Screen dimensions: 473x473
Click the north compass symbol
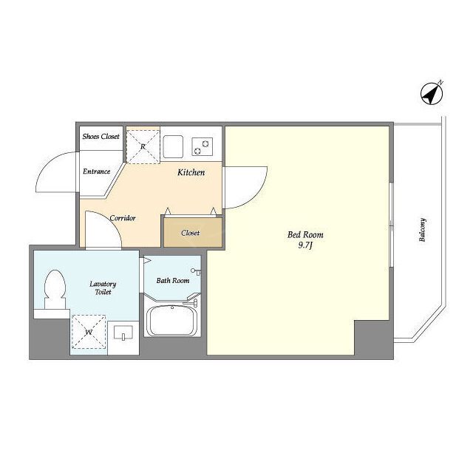pyautogui.click(x=432, y=94)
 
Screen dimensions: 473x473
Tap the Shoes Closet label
pyautogui.click(x=101, y=137)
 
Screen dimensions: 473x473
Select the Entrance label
pyautogui.click(x=97, y=171)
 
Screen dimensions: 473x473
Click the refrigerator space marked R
pyautogui.click(x=143, y=146)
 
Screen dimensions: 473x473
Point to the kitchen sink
pyautogui.click(x=173, y=146)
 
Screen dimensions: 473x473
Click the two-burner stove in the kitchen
pyautogui.click(x=202, y=146)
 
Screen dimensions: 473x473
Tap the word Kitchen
pyautogui.click(x=191, y=172)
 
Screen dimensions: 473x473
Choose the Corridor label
pyautogui.click(x=123, y=218)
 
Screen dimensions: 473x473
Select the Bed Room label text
pyautogui.click(x=305, y=235)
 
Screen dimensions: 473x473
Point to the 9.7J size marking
pyautogui.click(x=305, y=245)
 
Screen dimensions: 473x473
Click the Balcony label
pyautogui.click(x=422, y=230)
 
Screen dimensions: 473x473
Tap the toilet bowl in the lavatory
pyautogui.click(x=55, y=289)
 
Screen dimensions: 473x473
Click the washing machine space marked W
pyautogui.click(x=89, y=332)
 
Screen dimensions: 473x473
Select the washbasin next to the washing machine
pyautogui.click(x=123, y=333)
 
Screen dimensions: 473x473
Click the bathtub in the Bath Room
pyautogui.click(x=172, y=320)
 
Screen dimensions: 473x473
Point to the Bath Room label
pyautogui.click(x=173, y=281)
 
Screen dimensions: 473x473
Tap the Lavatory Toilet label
pyautogui.click(x=103, y=287)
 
